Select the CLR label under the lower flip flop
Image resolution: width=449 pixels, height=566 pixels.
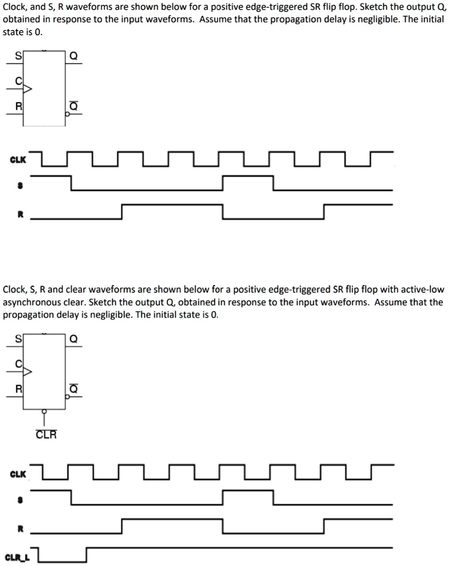(46, 434)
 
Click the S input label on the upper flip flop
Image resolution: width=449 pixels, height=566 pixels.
(18, 55)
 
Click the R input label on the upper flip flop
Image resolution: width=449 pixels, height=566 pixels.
(18, 106)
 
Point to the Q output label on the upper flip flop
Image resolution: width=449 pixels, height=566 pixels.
(73, 56)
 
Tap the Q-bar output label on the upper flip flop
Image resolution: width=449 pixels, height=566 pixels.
(73, 106)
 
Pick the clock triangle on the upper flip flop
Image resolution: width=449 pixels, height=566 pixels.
(27, 89)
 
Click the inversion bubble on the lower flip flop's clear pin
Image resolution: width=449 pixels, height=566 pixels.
(44, 412)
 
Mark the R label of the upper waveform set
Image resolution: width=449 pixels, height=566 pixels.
(19, 213)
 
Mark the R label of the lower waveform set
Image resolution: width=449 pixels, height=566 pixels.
(19, 527)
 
